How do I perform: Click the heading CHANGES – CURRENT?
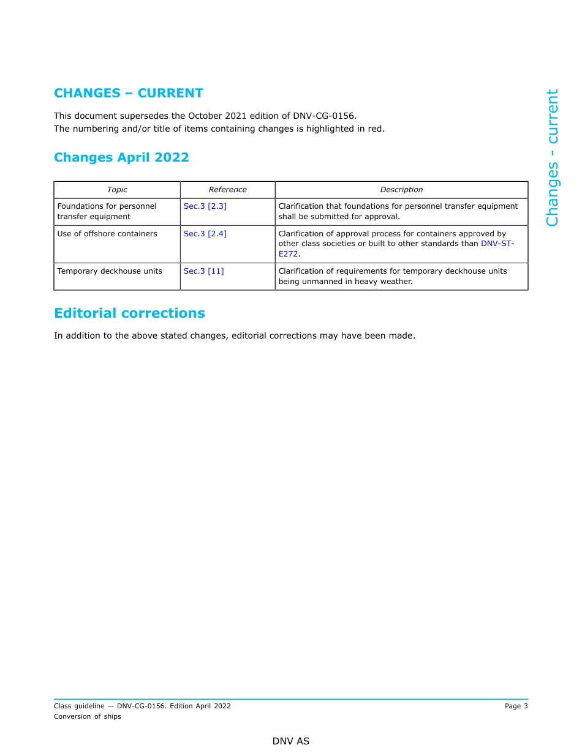click(128, 93)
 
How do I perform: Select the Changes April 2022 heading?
click(121, 157)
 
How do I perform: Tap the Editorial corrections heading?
click(129, 313)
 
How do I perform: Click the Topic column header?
click(117, 190)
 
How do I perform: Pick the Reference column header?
click(227, 190)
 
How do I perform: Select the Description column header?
click(401, 190)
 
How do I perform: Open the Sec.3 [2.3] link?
click(205, 206)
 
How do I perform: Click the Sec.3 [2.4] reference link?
click(205, 234)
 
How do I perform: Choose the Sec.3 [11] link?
click(203, 271)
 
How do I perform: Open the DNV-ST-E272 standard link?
click(497, 244)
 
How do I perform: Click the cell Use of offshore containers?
click(107, 234)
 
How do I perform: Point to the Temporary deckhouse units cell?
click(110, 271)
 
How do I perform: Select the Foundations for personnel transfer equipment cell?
click(107, 211)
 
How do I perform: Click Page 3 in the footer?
click(516, 706)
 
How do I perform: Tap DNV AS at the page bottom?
click(291, 741)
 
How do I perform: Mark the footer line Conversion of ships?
click(88, 716)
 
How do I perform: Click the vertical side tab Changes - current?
click(552, 157)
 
